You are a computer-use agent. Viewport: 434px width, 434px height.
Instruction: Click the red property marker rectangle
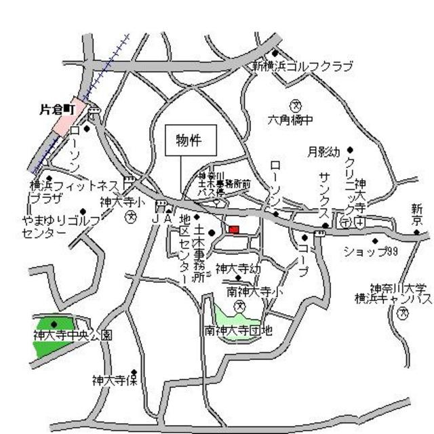coord(233,231)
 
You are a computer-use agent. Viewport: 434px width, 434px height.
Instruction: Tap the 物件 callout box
coord(191,141)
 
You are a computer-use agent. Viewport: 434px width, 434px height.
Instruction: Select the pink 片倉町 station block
coord(71,115)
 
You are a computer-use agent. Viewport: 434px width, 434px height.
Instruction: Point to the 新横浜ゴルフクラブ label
coord(302,66)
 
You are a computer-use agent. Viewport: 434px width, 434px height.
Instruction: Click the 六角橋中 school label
coord(290,121)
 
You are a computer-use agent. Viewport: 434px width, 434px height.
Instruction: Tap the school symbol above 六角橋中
coord(296,105)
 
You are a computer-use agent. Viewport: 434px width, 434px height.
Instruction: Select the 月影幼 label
coord(323,152)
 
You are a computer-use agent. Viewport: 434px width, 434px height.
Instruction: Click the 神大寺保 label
coord(115,380)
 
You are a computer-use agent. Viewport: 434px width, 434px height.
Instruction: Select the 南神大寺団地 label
coord(239,331)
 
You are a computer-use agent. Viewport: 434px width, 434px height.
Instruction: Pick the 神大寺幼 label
coord(238,268)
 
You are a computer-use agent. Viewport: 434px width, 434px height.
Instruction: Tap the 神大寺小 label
coord(122,201)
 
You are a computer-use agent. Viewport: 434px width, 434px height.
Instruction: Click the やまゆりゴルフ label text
coord(60,220)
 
